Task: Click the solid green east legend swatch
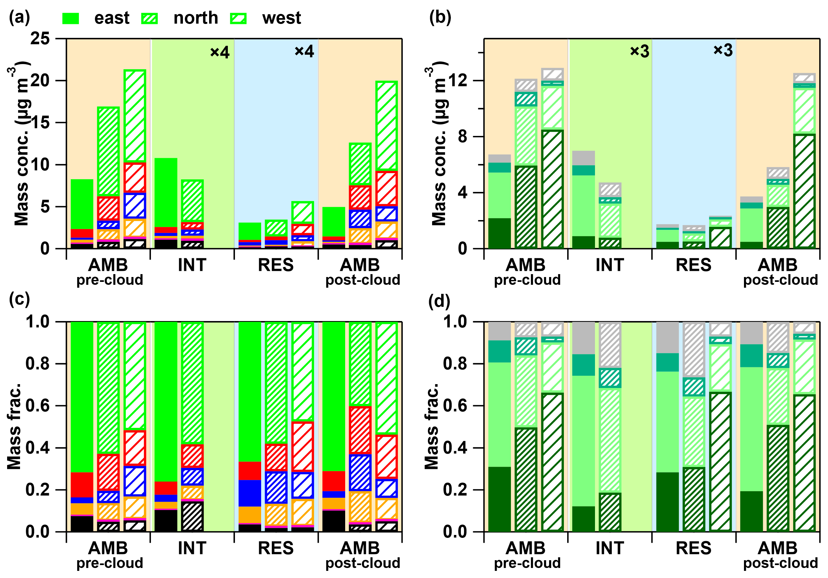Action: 71,18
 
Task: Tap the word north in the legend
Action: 196,18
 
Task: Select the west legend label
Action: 281,18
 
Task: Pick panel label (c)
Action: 19,299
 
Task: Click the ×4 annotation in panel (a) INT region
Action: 220,52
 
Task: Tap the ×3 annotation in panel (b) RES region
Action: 723,50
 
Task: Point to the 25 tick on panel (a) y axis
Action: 40,38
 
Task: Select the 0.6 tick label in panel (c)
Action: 37,406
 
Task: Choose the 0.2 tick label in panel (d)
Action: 455,490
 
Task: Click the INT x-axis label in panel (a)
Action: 192,265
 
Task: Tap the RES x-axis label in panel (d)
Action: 693,549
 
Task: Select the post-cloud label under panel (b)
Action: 780,280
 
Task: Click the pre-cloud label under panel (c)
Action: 110,563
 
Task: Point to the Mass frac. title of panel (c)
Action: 15,426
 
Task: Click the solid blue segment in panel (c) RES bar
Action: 249,493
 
